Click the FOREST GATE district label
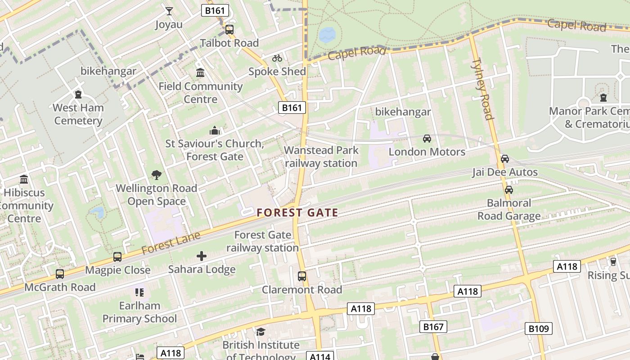[297, 212]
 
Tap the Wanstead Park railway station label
[321, 157]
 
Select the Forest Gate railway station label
[262, 241]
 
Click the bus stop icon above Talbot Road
[229, 30]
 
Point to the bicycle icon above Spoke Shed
[277, 58]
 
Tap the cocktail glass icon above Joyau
[169, 11]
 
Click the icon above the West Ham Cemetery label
[78, 94]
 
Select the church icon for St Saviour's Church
[215, 130]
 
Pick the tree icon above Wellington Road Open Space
[156, 175]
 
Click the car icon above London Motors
[427, 139]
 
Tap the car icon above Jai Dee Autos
[505, 159]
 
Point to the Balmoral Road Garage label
[509, 209]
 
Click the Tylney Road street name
[482, 89]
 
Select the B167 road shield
[433, 326]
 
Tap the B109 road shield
[538, 328]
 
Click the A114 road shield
[320, 356]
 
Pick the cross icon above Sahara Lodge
[202, 256]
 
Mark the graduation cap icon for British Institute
[261, 332]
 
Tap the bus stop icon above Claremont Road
[302, 276]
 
